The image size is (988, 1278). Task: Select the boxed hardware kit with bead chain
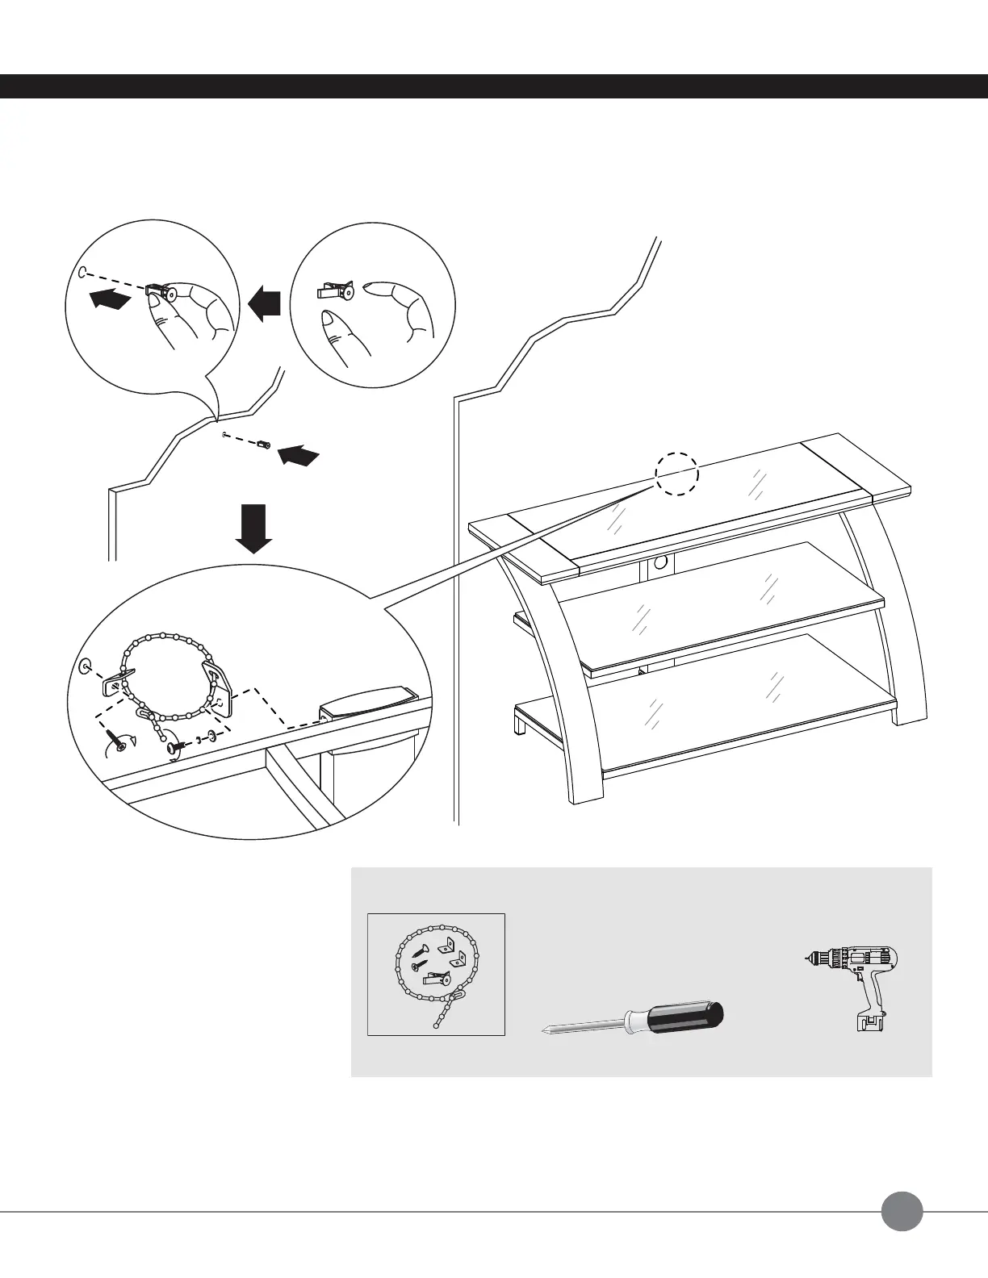436,974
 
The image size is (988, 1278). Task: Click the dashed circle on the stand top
676,472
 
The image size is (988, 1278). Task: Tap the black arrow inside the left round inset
109,299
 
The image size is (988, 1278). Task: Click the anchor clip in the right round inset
336,291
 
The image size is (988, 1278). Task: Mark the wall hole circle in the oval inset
86,666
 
